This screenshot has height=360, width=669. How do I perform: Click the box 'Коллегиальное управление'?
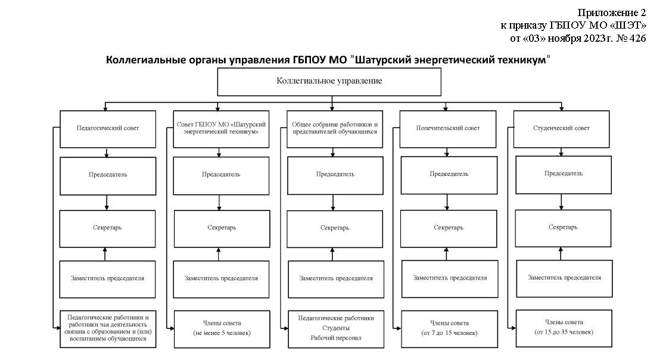(329, 82)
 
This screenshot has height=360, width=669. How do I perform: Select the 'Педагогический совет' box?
(108, 129)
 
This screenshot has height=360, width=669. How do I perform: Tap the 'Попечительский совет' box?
(447, 129)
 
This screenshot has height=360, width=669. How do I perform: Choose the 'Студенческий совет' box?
(562, 129)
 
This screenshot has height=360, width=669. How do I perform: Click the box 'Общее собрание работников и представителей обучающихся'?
(335, 129)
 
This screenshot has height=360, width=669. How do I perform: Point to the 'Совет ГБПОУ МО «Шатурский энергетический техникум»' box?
(221, 129)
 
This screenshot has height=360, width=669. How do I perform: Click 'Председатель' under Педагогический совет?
(108, 176)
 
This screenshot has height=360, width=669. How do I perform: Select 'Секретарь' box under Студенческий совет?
(563, 228)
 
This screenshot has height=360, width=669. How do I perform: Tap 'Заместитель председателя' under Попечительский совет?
(450, 278)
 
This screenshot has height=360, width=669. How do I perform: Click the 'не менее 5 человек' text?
(222, 333)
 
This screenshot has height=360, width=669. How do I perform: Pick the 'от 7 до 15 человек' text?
(449, 333)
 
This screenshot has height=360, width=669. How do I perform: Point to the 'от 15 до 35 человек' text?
(564, 332)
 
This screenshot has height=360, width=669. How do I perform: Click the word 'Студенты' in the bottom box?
(336, 328)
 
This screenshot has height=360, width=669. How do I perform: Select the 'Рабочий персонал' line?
(336, 338)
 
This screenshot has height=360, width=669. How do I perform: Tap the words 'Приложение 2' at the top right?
(612, 13)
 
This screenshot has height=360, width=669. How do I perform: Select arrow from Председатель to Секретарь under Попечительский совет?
(447, 202)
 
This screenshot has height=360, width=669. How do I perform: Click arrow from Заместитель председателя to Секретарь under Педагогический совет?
(105, 254)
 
